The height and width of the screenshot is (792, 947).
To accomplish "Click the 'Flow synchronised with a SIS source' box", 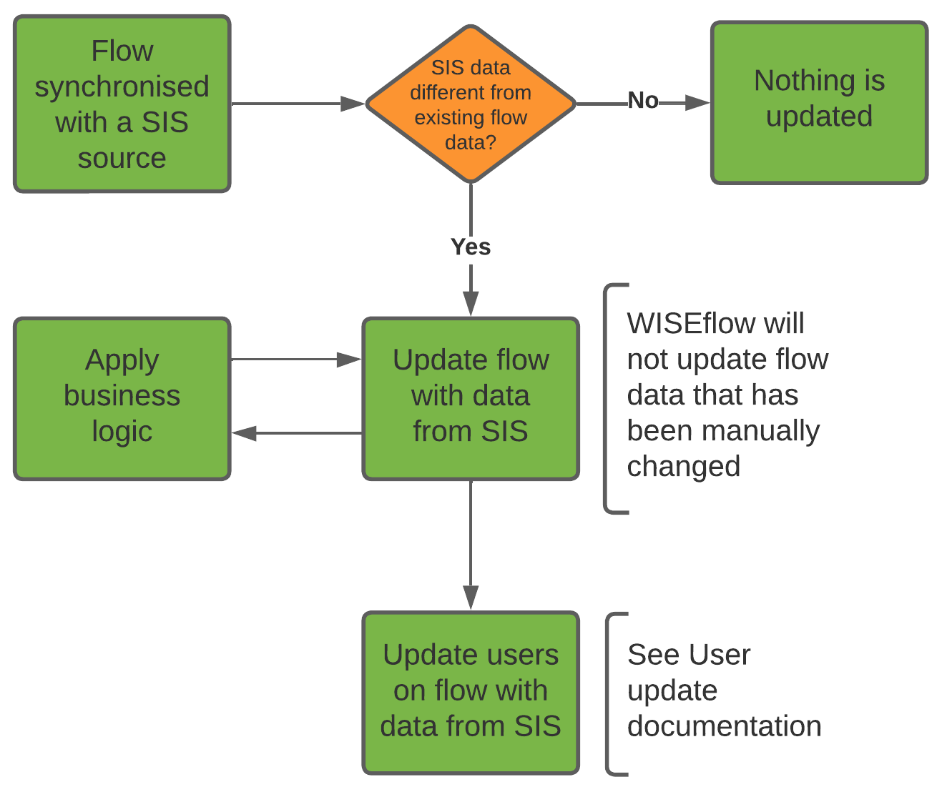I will coord(122,104).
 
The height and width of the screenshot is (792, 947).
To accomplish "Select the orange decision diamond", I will coord(471,104).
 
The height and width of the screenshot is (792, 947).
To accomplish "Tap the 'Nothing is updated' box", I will coord(819,103).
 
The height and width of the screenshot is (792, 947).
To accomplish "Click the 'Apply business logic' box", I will coord(122,398).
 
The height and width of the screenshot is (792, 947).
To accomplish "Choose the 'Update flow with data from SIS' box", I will coord(471,398).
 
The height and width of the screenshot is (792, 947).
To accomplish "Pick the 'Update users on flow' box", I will coord(471,692).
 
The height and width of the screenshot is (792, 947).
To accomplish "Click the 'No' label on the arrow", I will coord(642,101).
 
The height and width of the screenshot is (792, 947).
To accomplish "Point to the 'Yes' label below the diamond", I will coord(471,247).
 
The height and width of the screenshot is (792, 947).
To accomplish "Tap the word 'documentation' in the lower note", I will coord(724,726).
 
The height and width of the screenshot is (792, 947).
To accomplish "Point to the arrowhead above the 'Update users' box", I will coord(471,597).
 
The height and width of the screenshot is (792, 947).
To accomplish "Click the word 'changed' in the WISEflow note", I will coord(683,467).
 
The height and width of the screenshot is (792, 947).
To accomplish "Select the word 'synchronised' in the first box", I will coord(122,87).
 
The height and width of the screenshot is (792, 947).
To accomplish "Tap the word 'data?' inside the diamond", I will coord(470,143).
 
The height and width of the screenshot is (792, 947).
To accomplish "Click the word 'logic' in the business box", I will coord(122,432).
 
